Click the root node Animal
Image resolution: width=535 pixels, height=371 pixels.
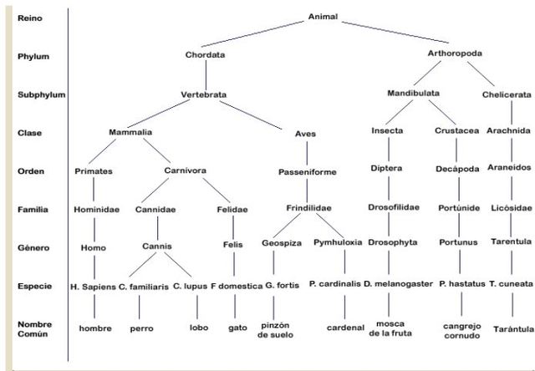(323, 17)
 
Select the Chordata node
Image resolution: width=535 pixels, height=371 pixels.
(206, 55)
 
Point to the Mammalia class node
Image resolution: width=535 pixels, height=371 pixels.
(130, 132)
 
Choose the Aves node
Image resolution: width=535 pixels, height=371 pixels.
(306, 134)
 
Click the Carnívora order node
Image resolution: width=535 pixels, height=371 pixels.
(185, 170)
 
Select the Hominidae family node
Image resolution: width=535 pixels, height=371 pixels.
(94, 210)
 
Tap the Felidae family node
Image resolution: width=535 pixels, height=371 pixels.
(233, 210)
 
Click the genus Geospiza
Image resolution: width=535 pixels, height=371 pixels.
(273, 242)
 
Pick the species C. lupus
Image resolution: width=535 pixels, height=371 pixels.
(190, 285)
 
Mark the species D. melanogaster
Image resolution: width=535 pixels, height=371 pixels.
(398, 285)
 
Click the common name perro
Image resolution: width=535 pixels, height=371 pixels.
(141, 328)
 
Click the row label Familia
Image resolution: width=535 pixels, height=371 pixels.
(33, 210)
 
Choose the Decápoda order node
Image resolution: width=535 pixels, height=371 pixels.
(458, 169)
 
